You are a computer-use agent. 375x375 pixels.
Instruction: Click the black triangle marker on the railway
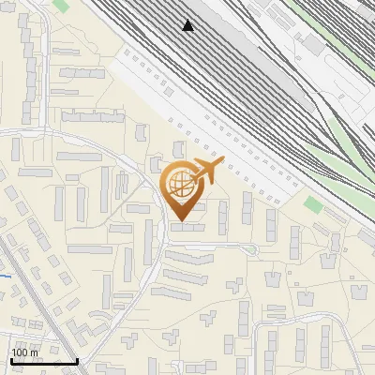click(188, 25)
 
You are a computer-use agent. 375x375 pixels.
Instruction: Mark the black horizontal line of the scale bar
click(43, 361)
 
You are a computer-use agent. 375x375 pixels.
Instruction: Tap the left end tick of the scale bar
click(10, 359)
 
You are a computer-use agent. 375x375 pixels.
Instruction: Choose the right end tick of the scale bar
click(77, 359)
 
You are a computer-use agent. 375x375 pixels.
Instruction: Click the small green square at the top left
click(60, 6)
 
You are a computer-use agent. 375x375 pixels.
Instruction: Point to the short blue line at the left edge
click(5, 276)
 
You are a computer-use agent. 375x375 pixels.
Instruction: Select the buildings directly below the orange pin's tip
click(187, 227)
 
